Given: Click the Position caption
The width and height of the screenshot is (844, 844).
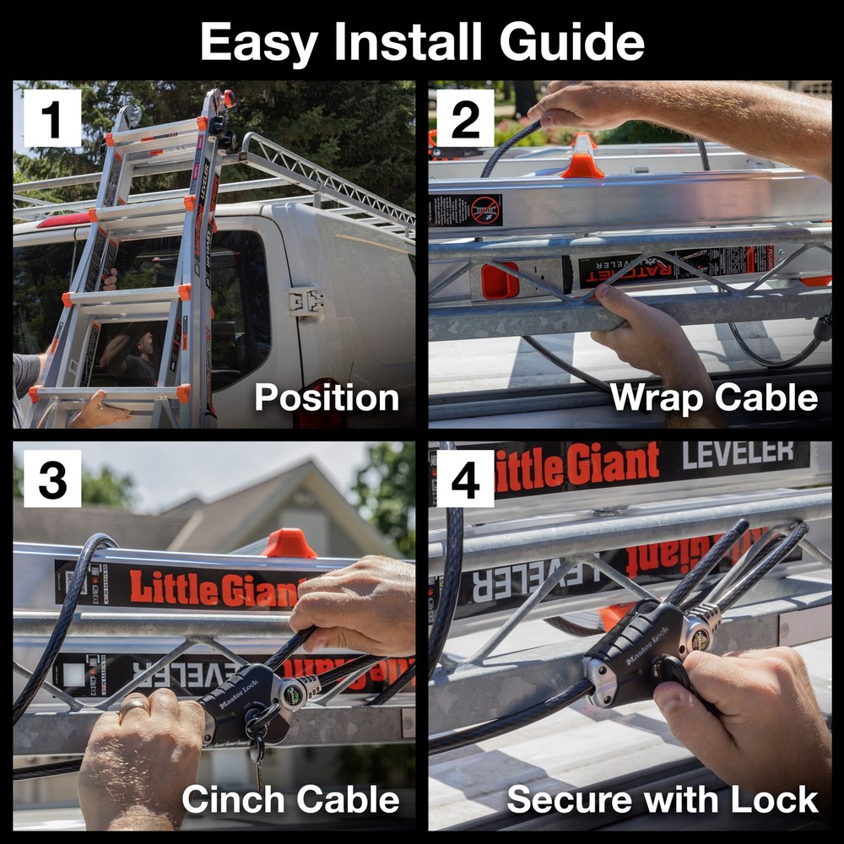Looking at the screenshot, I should pos(327,398).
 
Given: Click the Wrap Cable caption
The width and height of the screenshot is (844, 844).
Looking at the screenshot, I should pos(714,398).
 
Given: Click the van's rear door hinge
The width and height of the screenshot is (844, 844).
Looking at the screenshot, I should pos(306,301).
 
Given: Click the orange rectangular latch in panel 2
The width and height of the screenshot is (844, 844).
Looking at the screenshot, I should pos(500,281).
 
